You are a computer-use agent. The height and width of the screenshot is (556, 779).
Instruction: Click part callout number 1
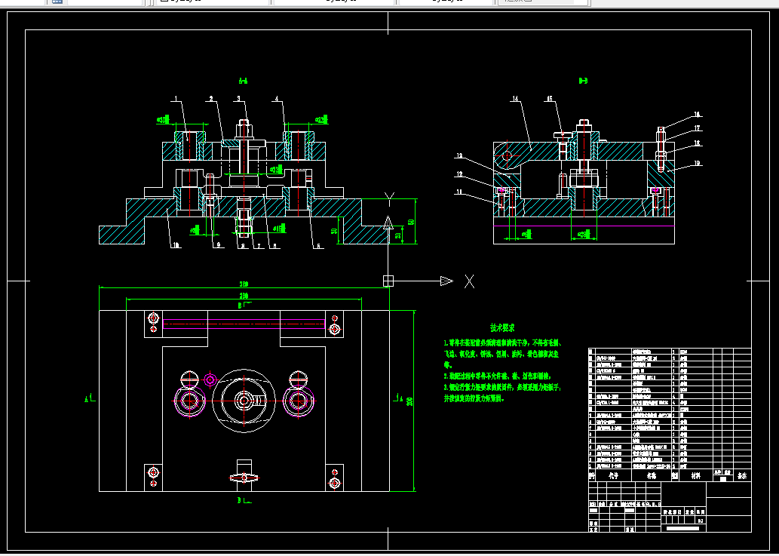tap(175, 99)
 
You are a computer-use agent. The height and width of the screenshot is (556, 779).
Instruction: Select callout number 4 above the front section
tap(277, 98)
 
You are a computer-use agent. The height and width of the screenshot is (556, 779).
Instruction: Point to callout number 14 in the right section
tap(516, 99)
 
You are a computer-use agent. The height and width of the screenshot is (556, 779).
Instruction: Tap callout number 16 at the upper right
tap(698, 115)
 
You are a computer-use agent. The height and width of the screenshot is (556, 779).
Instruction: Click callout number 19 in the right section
tap(698, 163)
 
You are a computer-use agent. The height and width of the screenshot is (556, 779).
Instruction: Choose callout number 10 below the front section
tap(176, 245)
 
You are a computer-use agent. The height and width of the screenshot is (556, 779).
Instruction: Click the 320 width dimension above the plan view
tap(244, 284)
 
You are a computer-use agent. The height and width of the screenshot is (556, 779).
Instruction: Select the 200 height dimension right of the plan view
tap(410, 401)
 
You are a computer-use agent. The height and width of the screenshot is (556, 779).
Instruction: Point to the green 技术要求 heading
tap(502, 328)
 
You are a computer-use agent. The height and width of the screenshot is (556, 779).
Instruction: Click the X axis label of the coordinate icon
tap(469, 281)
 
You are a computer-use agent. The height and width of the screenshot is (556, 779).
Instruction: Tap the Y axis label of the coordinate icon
tap(389, 198)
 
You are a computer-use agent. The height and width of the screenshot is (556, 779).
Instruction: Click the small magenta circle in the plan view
tap(210, 379)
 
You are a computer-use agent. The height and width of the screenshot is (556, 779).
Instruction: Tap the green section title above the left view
tap(243, 81)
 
